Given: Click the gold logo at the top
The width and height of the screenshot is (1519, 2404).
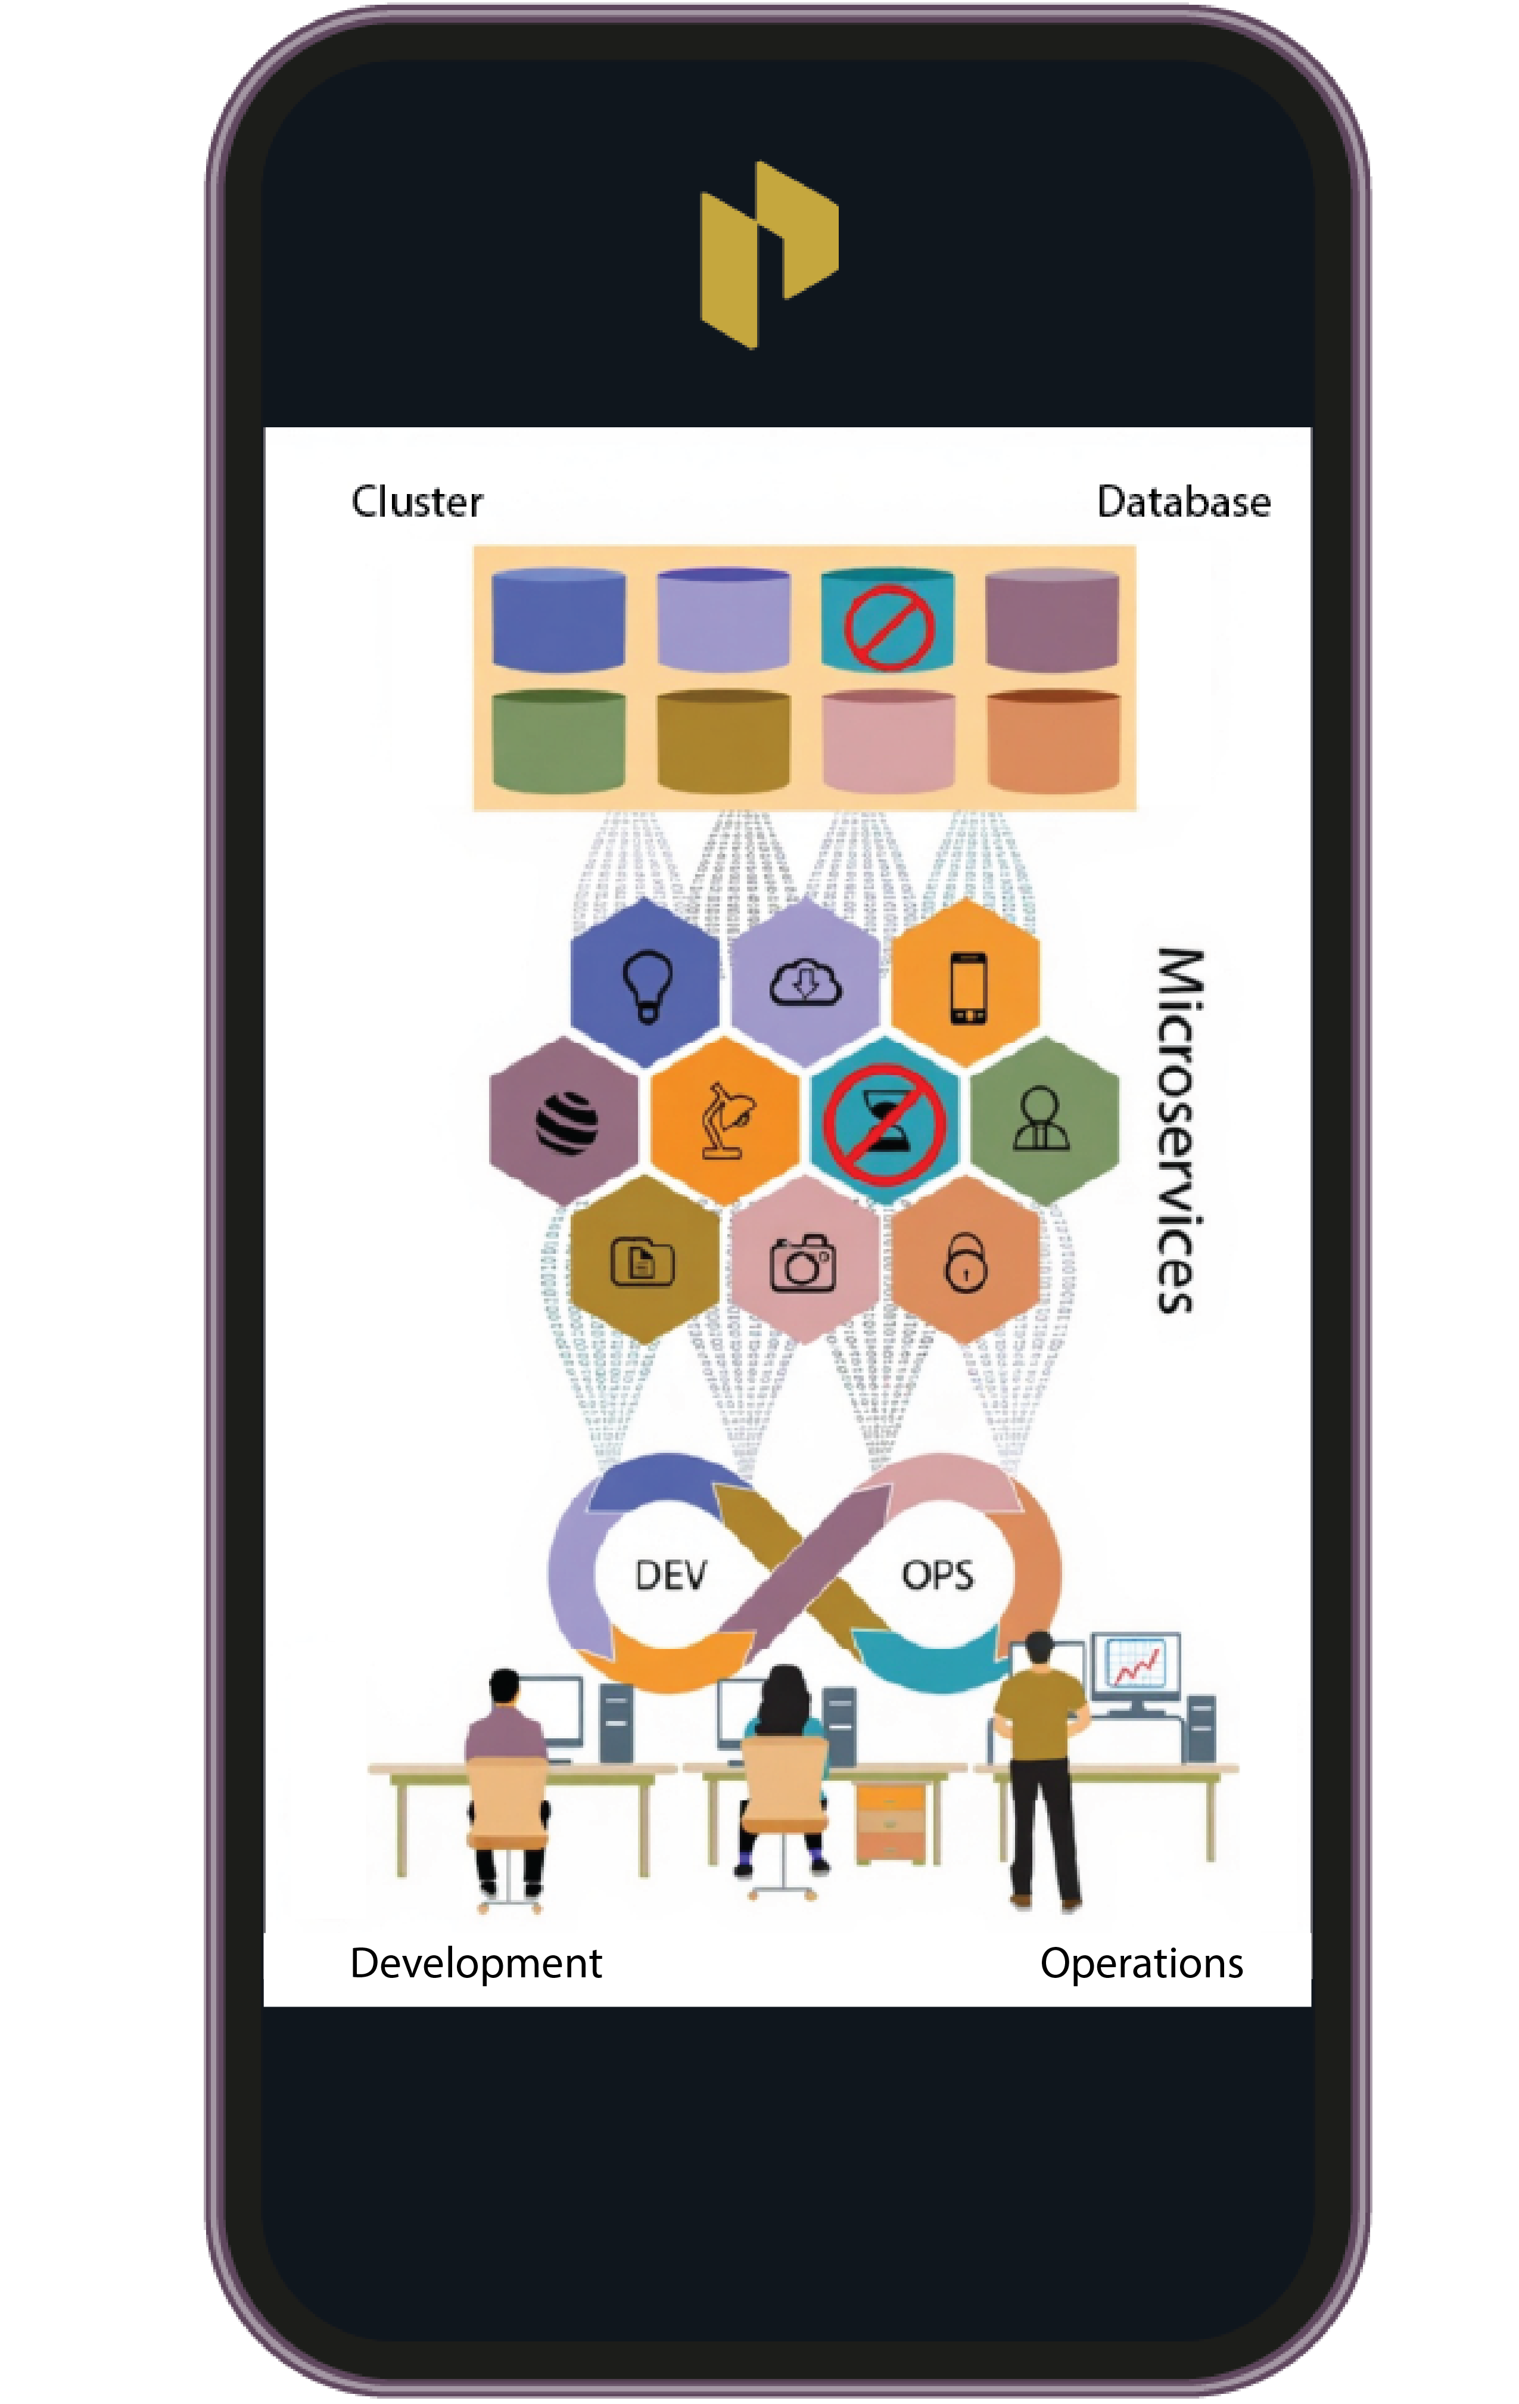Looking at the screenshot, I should click(x=768, y=254).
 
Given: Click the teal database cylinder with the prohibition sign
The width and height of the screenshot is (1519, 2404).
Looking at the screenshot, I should click(x=887, y=621).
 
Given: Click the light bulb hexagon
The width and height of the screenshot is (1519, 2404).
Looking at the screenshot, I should click(x=645, y=983).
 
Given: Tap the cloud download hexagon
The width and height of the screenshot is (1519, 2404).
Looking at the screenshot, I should click(x=805, y=983).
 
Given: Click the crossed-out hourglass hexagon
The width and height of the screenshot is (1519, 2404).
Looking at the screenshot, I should click(x=884, y=1120).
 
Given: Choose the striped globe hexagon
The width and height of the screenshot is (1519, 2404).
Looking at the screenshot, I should click(x=565, y=1120).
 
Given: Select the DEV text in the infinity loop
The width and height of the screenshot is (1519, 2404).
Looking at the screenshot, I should click(x=671, y=1576).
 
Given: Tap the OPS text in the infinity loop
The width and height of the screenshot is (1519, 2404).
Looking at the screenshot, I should click(x=937, y=1576).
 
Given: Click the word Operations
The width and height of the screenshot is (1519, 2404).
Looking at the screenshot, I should click(x=1141, y=1963).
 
